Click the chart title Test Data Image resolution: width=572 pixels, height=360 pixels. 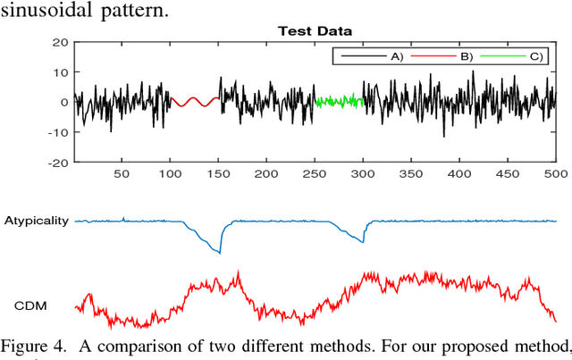tap(315, 31)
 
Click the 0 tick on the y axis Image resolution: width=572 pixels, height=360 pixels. tap(64, 103)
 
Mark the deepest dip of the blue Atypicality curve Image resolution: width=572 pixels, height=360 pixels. tap(219, 253)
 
